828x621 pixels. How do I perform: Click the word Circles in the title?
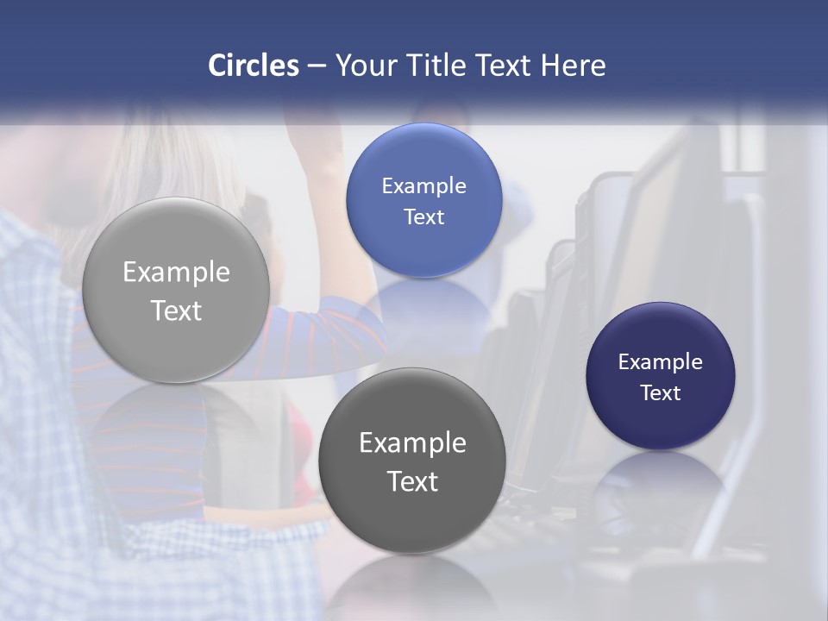[254, 66]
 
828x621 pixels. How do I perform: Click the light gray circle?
[176, 290]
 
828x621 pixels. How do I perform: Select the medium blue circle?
[424, 200]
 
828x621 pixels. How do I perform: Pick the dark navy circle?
[661, 376]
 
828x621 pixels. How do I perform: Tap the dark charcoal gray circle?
[412, 461]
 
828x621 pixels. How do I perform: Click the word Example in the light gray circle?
[176, 273]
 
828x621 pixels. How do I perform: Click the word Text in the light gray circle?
[176, 310]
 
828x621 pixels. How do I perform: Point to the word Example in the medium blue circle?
[424, 186]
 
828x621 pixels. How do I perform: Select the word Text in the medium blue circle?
[424, 216]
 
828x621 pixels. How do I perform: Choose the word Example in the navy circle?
[661, 362]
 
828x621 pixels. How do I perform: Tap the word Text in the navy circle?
[661, 393]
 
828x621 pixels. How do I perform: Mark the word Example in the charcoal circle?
[412, 443]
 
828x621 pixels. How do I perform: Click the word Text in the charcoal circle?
[412, 481]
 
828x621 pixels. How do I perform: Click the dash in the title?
[317, 66]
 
